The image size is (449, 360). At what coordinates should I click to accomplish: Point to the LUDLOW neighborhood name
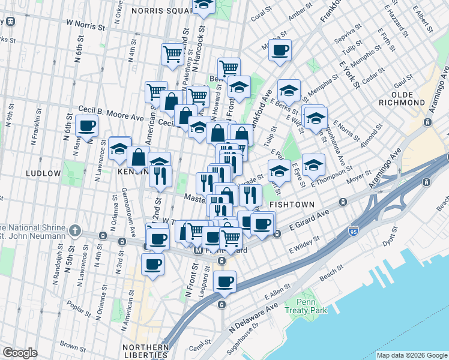click(43, 173)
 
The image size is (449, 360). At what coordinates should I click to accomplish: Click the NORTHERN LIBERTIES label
click(145, 351)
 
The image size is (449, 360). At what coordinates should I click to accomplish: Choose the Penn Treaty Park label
click(314, 306)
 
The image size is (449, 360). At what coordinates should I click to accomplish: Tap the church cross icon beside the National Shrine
click(75, 230)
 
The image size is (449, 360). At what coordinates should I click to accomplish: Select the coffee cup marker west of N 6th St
click(86, 127)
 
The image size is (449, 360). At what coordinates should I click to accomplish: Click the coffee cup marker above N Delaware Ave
click(224, 281)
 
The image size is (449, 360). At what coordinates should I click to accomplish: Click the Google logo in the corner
click(20, 353)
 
